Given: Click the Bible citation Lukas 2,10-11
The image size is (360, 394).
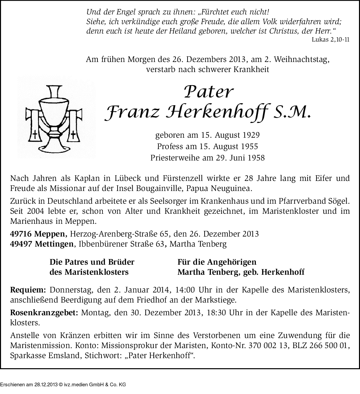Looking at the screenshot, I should click(x=330, y=39).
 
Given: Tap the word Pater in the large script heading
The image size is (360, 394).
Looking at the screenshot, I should click(x=208, y=91).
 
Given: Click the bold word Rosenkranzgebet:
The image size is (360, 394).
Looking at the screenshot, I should click(x=44, y=313).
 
